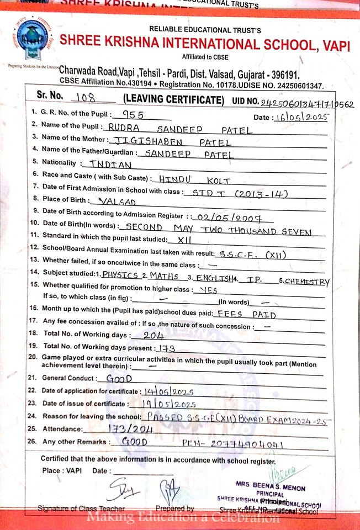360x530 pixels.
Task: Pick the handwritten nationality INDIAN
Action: coord(110,164)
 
